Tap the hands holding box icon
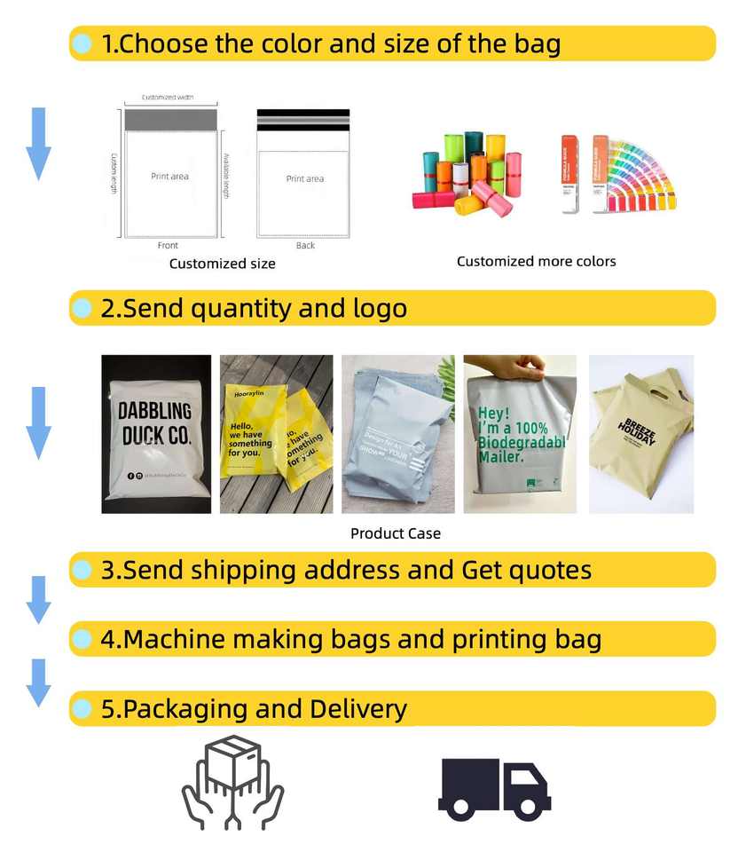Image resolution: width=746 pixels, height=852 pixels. click(232, 782)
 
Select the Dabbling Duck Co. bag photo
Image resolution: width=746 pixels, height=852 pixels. click(156, 434)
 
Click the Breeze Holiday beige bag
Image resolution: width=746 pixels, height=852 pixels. click(641, 434)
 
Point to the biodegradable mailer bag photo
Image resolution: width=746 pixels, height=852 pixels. click(520, 434)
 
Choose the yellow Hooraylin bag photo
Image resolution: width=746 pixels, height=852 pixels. click(276, 434)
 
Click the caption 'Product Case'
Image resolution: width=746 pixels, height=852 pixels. click(396, 533)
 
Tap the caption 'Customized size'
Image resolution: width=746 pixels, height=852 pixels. click(222, 264)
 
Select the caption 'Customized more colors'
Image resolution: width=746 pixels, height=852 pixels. click(536, 261)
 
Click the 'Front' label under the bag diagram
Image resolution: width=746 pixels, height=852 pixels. click(168, 246)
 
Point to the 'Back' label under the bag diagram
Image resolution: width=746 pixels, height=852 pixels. click(305, 246)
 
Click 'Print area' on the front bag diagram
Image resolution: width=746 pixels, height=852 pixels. click(169, 177)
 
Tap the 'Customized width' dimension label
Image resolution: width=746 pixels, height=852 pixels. click(168, 97)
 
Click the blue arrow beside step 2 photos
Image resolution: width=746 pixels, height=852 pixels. click(38, 422)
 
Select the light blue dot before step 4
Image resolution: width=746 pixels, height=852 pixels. click(82, 639)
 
